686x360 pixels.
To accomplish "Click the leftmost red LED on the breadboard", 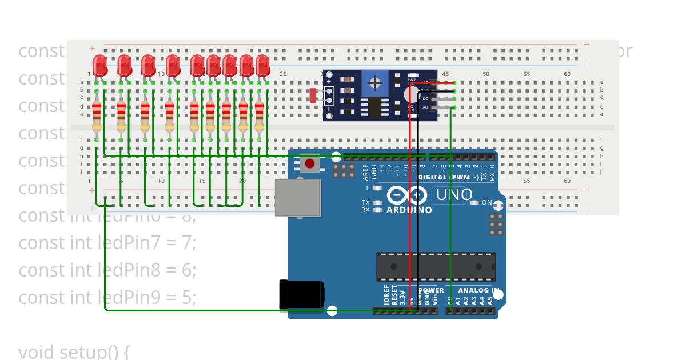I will point(100,65).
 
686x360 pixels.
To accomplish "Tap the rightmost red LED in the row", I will point(262,65).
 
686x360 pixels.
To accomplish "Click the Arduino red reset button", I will point(310,164).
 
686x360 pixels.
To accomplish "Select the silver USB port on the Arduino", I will point(297,197).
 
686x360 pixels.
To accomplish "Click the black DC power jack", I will point(301,294).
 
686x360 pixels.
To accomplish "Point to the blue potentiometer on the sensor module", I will point(375,83).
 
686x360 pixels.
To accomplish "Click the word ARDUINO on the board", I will point(409,210).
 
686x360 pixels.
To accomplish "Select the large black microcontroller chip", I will point(436,266).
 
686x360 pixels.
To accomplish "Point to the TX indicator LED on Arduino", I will point(377,202).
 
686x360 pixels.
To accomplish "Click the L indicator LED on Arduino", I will point(377,188).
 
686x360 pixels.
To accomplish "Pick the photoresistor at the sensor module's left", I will point(313,95).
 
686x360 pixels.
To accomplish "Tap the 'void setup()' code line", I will point(74,351).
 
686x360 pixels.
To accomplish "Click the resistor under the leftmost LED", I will point(97,116).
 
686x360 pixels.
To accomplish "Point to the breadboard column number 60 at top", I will point(567,74).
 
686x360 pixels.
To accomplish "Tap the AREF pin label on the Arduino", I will point(366,170).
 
